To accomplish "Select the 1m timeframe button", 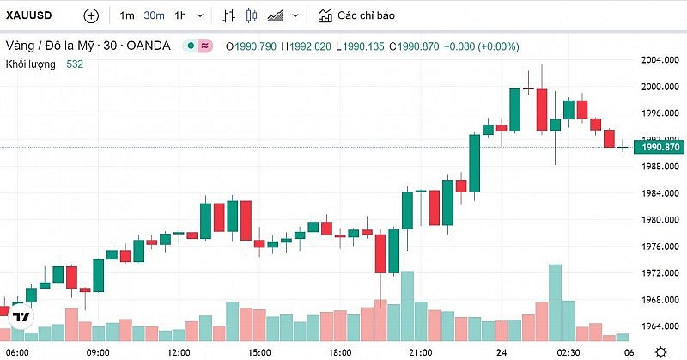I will click(x=127, y=15).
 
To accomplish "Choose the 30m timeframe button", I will click(x=154, y=15).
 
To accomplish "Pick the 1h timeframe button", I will click(x=180, y=15).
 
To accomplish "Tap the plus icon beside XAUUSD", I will click(x=91, y=15).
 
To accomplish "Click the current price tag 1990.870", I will click(x=657, y=148).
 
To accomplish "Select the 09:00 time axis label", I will click(x=98, y=352).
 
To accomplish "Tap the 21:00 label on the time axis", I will click(x=420, y=352).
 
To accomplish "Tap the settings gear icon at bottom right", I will click(x=660, y=351).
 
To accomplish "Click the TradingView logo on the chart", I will click(x=21, y=317).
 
